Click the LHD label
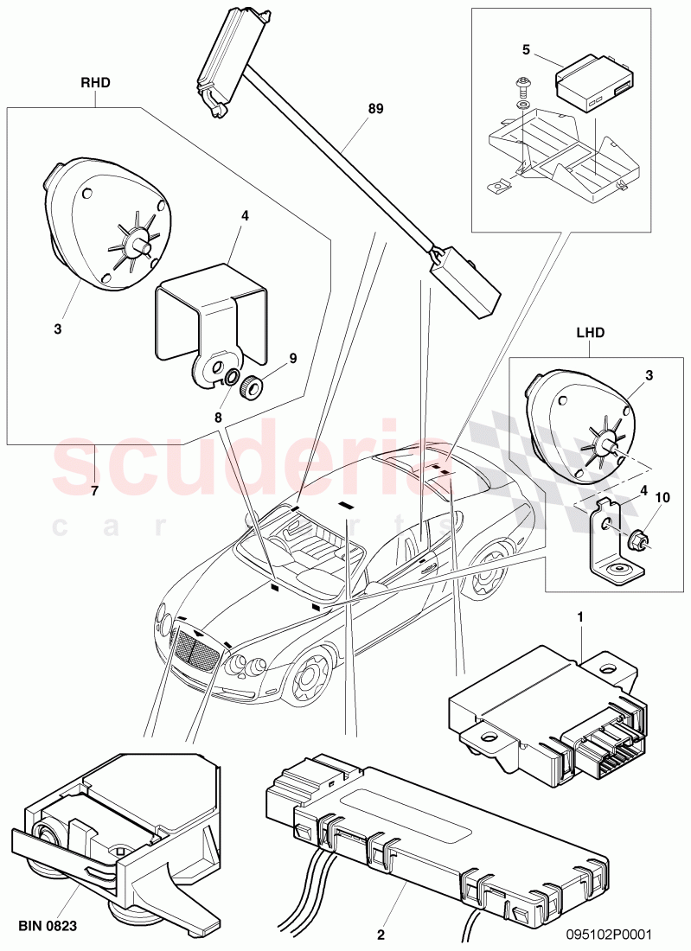pyautogui.click(x=590, y=331)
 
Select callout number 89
pyautogui.click(x=374, y=109)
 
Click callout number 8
pyautogui.click(x=218, y=418)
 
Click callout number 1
pyautogui.click(x=580, y=617)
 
